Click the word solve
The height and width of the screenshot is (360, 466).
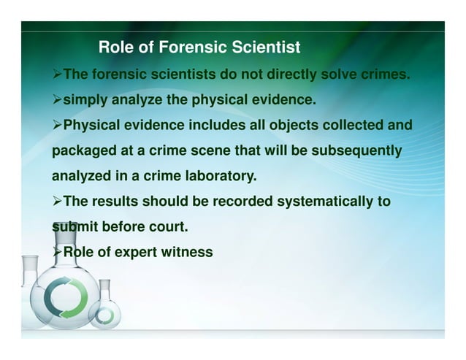coord(345,74)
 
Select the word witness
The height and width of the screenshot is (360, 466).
coord(188,253)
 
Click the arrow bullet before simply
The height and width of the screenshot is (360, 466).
coord(58,99)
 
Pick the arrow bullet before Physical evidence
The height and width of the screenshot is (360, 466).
coord(58,125)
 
